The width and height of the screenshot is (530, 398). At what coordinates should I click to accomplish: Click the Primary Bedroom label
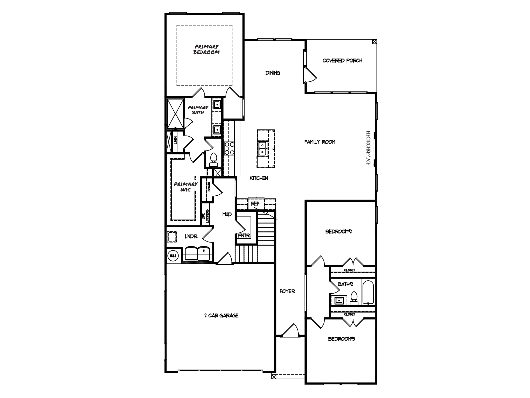[x=207, y=49]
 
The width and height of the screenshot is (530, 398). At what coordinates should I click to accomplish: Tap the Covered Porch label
[x=342, y=61]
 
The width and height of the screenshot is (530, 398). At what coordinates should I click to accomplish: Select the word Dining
[x=273, y=73]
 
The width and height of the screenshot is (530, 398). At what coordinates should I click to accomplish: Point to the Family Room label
[x=320, y=142]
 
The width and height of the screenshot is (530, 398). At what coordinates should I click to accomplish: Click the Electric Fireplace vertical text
[x=369, y=148]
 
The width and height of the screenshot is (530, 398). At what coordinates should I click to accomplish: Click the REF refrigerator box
[x=256, y=203]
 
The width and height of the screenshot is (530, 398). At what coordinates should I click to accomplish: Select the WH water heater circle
[x=173, y=256]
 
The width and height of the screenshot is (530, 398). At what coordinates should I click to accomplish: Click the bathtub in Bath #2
[x=368, y=292]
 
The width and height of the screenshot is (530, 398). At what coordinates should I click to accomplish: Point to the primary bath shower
[x=175, y=113]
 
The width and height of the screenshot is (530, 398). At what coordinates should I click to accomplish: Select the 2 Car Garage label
[x=221, y=316]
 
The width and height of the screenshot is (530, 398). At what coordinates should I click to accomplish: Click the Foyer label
[x=287, y=292]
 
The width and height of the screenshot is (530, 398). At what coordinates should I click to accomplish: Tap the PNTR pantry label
[x=244, y=236]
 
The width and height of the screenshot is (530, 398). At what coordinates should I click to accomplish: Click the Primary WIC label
[x=186, y=187]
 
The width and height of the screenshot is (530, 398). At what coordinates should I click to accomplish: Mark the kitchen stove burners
[x=229, y=148]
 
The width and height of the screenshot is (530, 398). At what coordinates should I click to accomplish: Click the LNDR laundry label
[x=191, y=237]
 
